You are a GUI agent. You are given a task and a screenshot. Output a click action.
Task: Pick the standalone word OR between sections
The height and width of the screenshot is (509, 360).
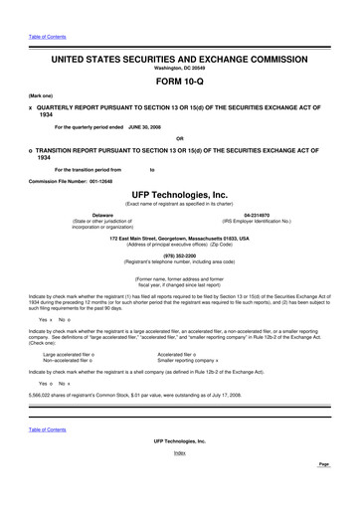pyautogui.click(x=179, y=137)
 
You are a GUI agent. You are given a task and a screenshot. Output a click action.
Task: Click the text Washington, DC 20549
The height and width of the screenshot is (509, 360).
pyautogui.click(x=179, y=68)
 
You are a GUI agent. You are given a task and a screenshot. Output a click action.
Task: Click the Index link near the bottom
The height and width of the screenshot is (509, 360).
pyautogui.click(x=179, y=480)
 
